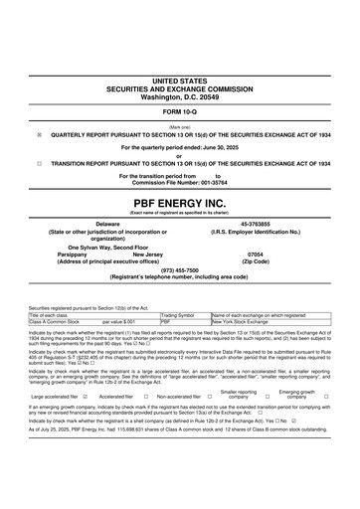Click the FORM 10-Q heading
pos(179,110)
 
